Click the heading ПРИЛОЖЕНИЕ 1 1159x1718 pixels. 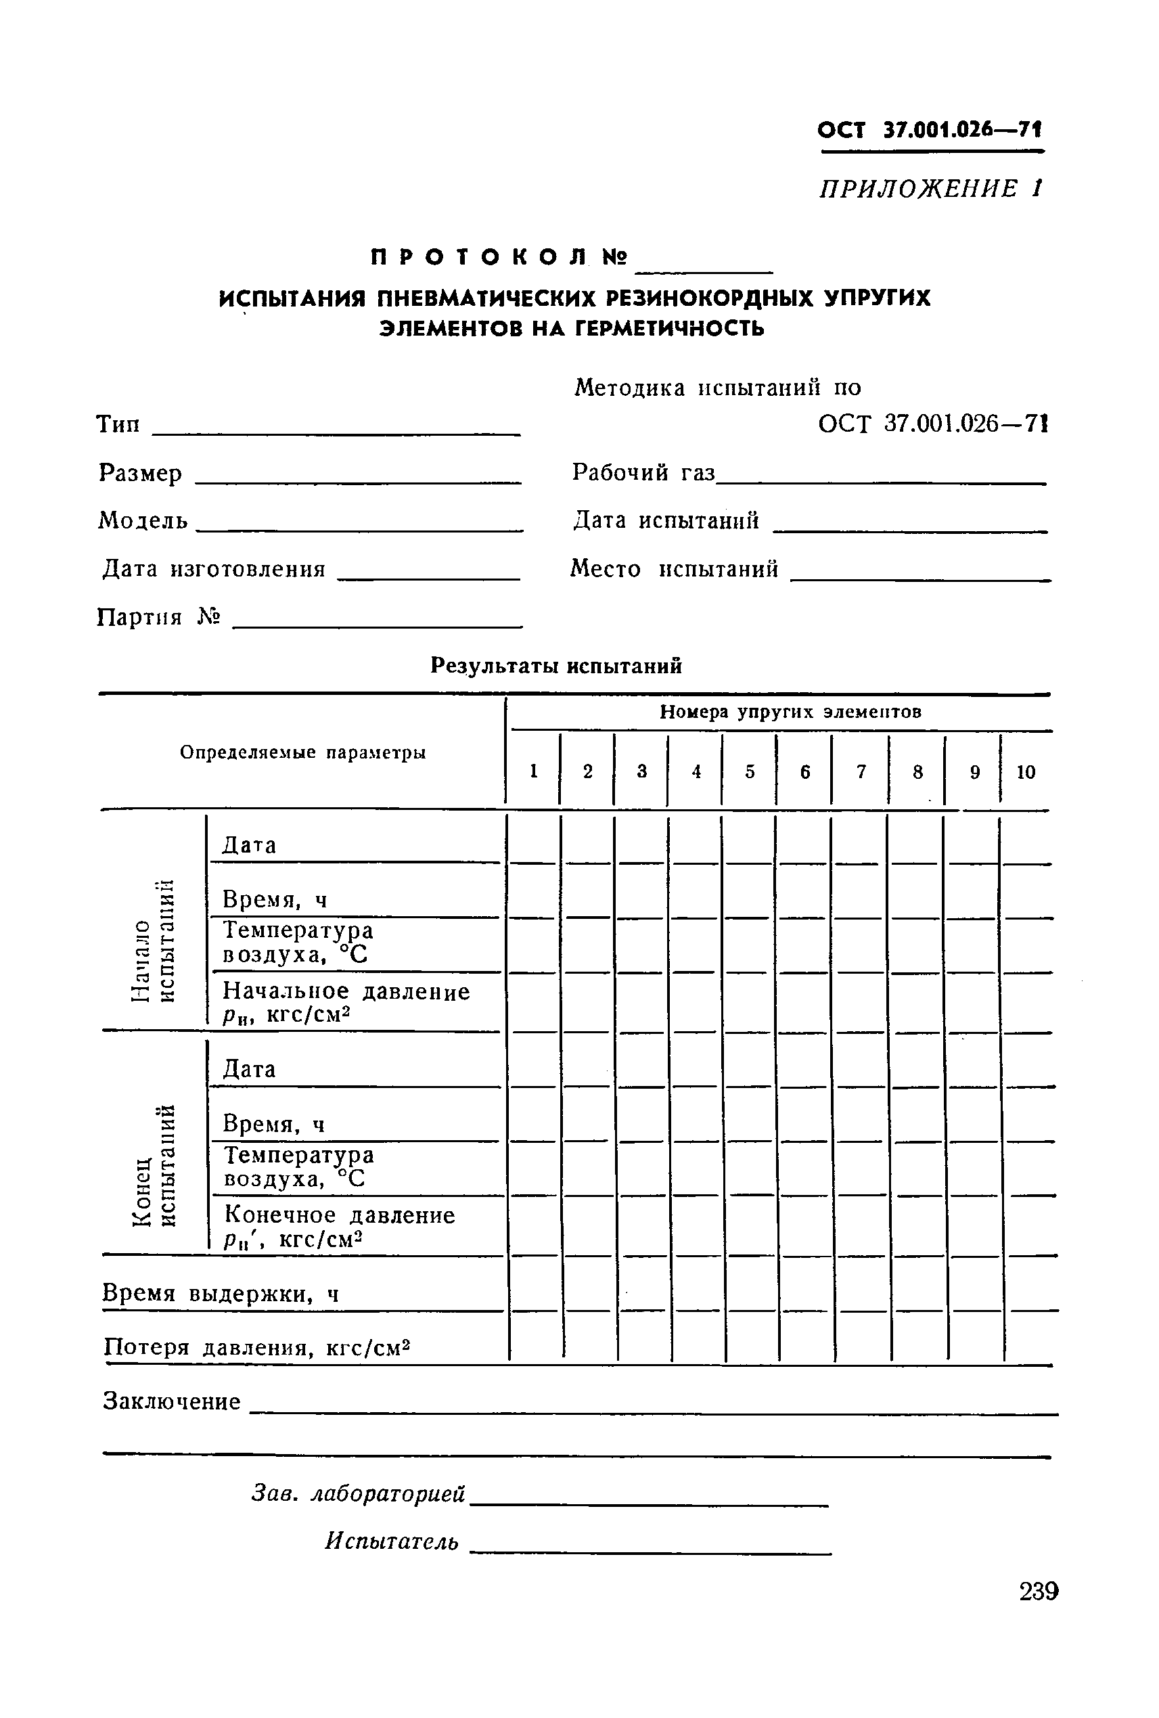tap(930, 189)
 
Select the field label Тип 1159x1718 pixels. tap(118, 425)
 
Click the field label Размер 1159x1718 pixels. tap(141, 473)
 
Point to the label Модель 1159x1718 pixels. tap(143, 521)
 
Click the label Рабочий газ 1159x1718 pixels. tap(643, 472)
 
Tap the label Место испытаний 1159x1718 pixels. tap(674, 568)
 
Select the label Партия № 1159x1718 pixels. tap(159, 617)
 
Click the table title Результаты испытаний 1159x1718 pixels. tap(556, 666)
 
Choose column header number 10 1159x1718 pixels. tap(1026, 773)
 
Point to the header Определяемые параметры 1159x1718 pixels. tap(303, 752)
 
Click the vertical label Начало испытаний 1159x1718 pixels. tap(154, 941)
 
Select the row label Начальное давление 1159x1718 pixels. tap(346, 992)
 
